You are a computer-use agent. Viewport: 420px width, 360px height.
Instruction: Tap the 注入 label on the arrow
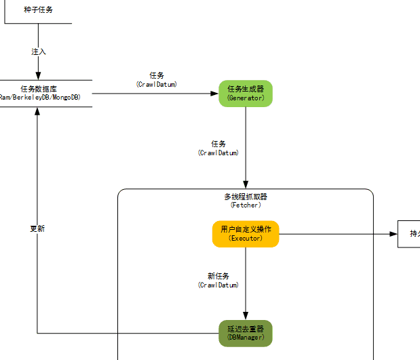click(x=39, y=52)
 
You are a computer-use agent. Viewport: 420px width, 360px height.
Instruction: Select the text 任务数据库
click(x=39, y=89)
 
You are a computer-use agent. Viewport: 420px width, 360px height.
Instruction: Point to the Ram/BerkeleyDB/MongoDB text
click(x=39, y=98)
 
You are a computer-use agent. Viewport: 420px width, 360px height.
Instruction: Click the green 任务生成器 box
click(x=245, y=94)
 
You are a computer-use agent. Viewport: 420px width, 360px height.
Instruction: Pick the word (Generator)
click(x=246, y=98)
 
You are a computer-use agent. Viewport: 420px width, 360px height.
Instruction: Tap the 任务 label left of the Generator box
click(x=157, y=75)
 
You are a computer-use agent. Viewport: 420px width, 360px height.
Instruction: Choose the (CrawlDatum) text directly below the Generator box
click(x=218, y=153)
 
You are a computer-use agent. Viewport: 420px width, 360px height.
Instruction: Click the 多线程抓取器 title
click(x=246, y=197)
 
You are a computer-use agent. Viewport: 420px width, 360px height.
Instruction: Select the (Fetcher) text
click(x=246, y=205)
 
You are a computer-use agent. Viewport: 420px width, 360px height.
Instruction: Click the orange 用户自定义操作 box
click(x=246, y=234)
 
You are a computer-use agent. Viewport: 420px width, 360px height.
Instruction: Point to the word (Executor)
click(x=246, y=239)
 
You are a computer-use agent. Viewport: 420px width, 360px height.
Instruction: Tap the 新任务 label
click(x=218, y=276)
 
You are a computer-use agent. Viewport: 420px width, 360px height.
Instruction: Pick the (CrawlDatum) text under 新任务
click(x=218, y=285)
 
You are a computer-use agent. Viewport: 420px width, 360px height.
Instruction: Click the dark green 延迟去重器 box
click(x=246, y=333)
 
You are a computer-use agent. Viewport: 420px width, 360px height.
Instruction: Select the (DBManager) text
click(x=246, y=338)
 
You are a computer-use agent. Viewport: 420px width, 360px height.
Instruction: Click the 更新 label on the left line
click(x=37, y=228)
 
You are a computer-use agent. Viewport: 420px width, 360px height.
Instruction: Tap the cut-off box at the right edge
click(x=408, y=234)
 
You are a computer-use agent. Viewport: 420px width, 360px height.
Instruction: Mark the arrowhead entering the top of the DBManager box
click(x=246, y=315)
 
